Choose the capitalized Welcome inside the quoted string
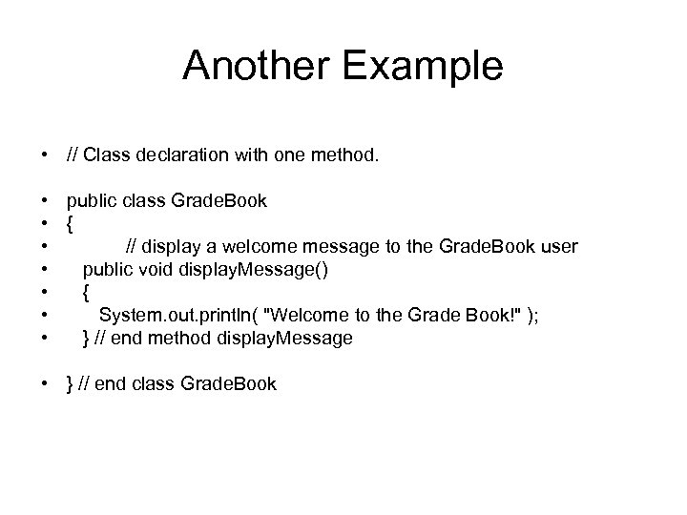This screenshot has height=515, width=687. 308,315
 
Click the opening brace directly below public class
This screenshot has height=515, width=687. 70,223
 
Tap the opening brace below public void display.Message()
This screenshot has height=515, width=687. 87,292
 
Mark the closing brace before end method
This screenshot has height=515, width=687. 87,338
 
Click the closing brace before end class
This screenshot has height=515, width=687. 70,383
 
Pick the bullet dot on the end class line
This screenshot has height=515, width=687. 46,383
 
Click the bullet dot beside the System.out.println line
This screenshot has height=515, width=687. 46,315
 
